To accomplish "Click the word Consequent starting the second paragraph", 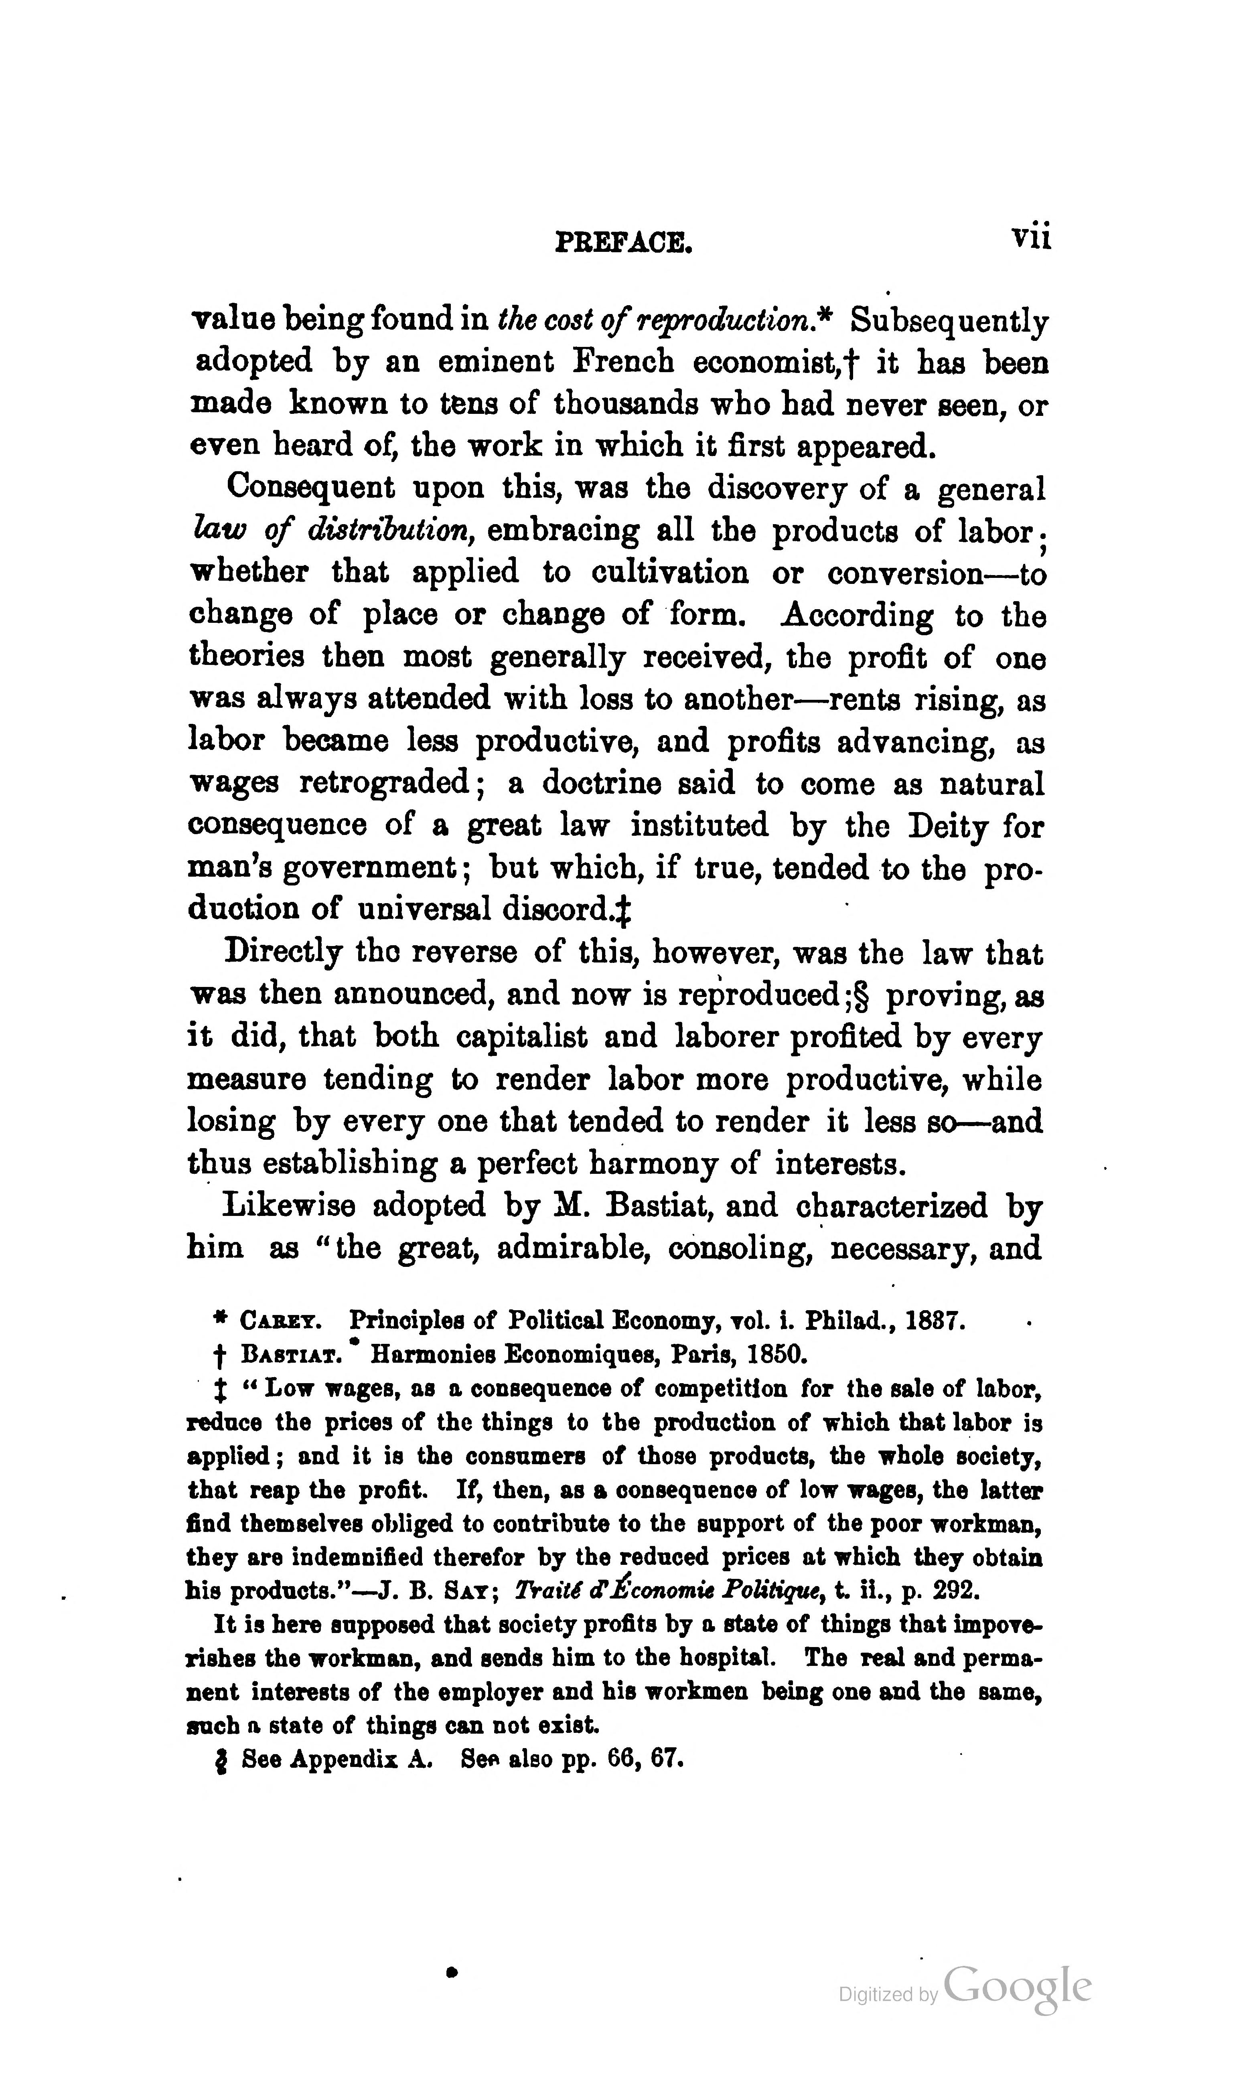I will click(311, 488).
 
